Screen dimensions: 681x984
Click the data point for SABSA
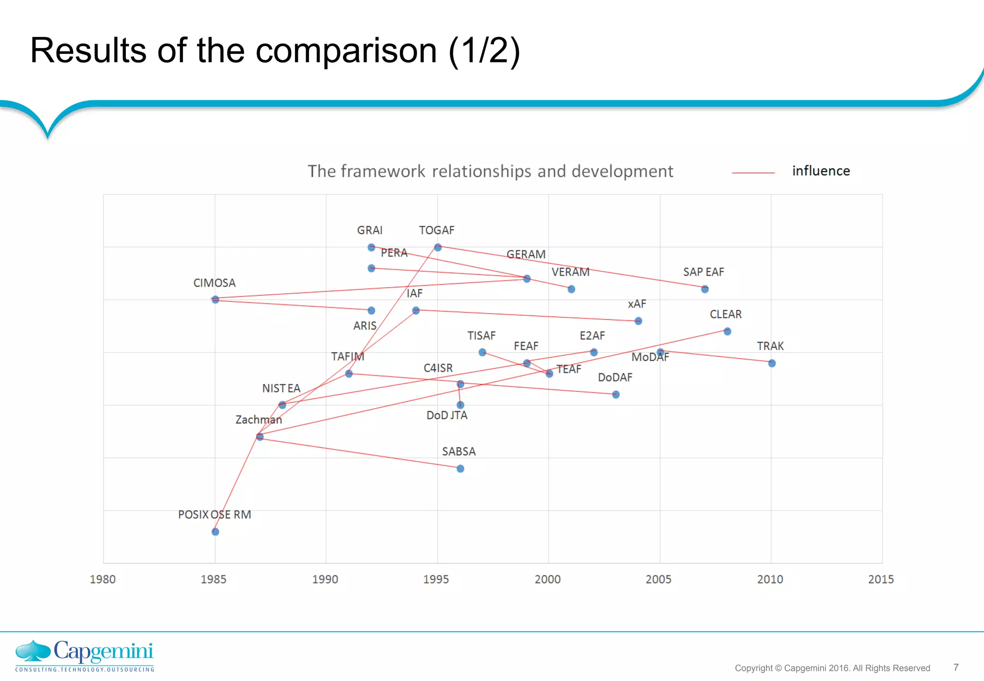[460, 468]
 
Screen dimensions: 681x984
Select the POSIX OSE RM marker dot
[215, 532]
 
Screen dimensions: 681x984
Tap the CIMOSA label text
[214, 283]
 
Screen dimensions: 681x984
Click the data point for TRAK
[772, 363]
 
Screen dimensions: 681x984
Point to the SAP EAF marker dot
[705, 289]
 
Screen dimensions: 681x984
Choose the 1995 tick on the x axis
[436, 579]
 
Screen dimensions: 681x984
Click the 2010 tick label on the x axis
[770, 579]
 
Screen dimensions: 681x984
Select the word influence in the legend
[821, 171]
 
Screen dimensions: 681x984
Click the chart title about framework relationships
[490, 171]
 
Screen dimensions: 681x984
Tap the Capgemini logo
[85, 655]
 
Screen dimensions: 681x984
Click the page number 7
[956, 667]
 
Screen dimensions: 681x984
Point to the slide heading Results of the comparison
[275, 50]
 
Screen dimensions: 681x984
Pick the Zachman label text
[258, 420]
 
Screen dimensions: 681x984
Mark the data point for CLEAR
[727, 331]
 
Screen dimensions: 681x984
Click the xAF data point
[638, 321]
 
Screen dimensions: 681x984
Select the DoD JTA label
[447, 415]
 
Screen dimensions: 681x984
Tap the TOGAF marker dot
[438, 247]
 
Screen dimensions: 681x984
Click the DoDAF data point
[616, 394]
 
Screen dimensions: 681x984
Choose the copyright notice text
[832, 668]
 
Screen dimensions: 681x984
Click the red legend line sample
[753, 172]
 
